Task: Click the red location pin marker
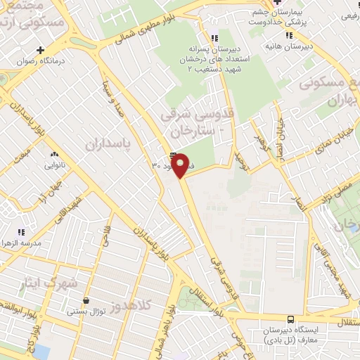[181, 167]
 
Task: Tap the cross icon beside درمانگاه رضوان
[41, 50]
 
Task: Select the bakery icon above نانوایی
[54, 154]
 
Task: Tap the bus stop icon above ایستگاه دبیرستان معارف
[291, 318]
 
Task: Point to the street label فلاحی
[105, 243]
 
